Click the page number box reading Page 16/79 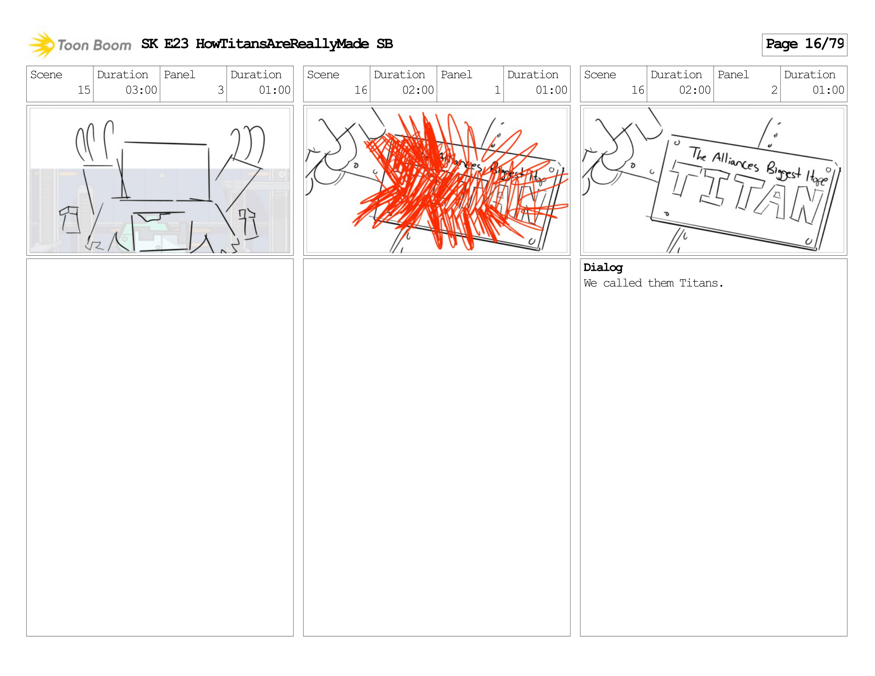[804, 45]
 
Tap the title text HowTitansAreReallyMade [282, 44]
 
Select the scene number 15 [84, 90]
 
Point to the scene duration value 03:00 [141, 90]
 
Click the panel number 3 [220, 90]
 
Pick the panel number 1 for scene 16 [497, 90]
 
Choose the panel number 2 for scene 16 [774, 90]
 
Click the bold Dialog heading [603, 268]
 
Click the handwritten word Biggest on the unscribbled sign [783, 171]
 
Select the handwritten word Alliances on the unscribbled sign [735, 162]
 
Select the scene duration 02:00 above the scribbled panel [418, 90]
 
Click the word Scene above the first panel [47, 75]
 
